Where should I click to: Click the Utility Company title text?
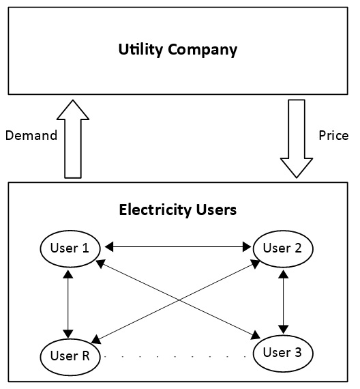177,50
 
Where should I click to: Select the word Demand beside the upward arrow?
31,135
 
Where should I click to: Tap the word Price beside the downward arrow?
333,135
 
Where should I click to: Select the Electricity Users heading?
177,210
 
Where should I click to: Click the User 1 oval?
70,248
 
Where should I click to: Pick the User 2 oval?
282,248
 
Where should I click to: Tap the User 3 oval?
282,353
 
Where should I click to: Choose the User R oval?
70,356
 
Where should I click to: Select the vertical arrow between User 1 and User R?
67,301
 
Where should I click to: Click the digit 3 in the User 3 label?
297,353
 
